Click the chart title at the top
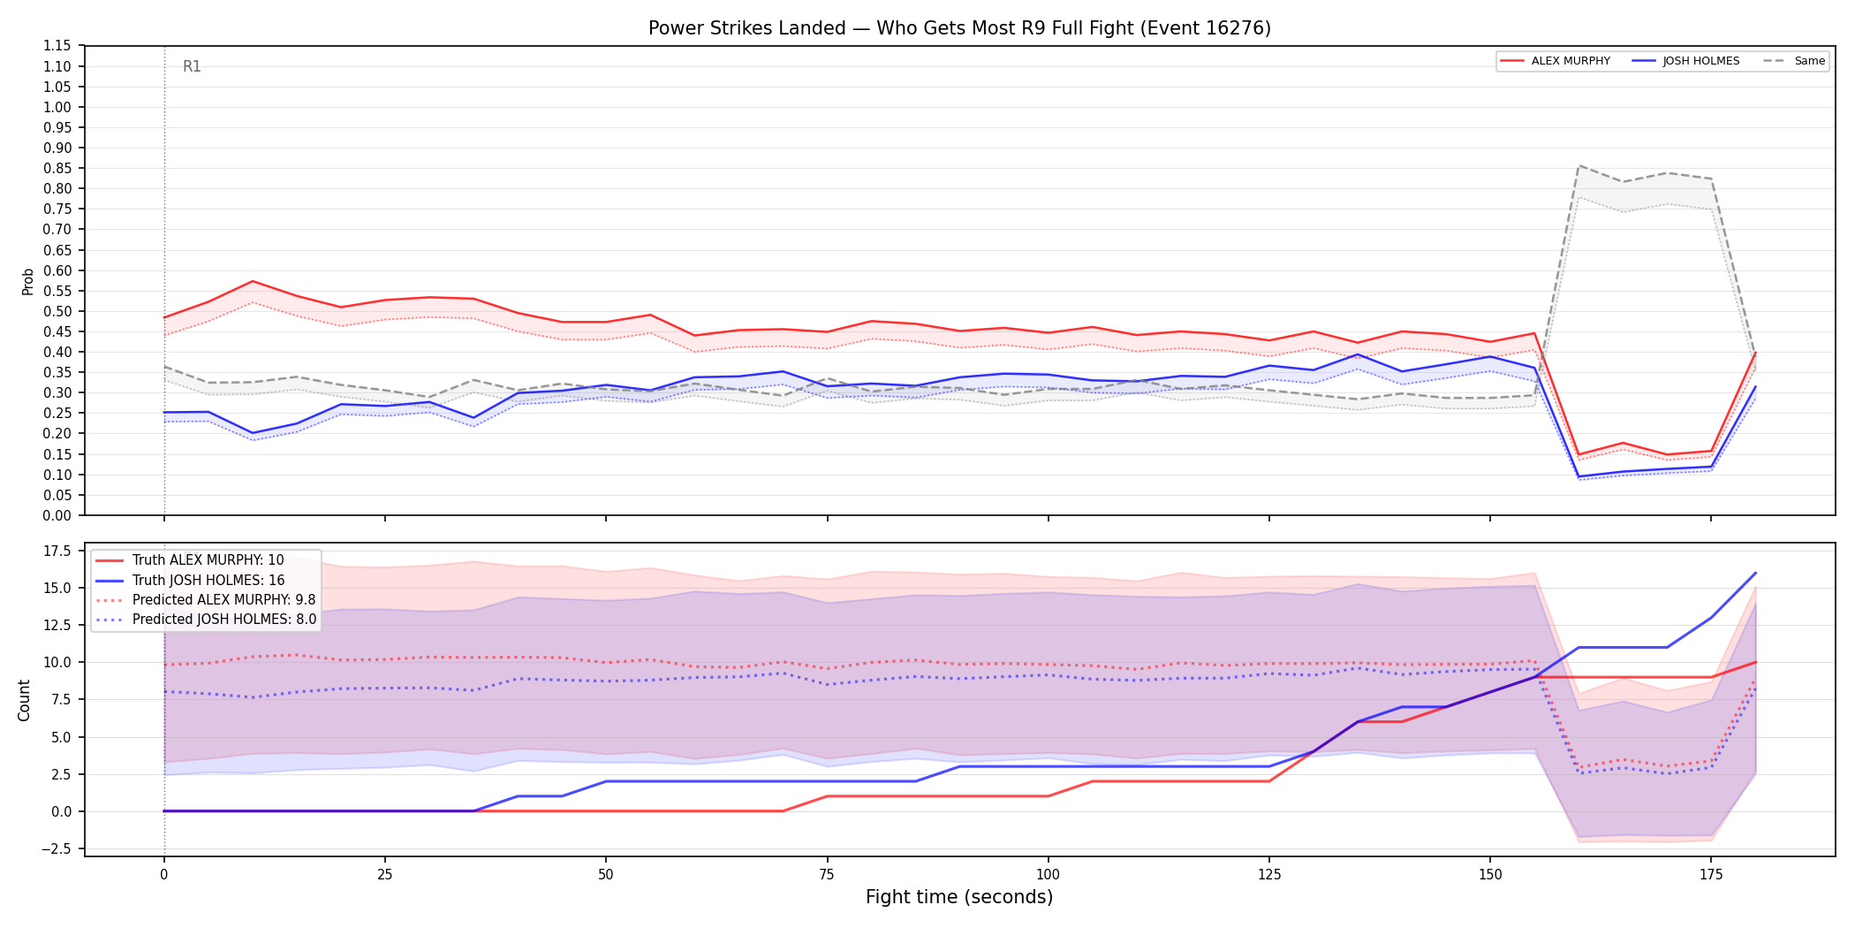959,28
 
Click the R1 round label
192,66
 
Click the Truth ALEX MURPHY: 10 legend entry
190,560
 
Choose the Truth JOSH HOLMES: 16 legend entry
190,580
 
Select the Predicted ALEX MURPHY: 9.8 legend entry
206,599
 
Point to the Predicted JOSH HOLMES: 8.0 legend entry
206,619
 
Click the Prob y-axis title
27,281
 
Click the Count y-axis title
24,700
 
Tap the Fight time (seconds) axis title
959,897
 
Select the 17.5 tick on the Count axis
58,551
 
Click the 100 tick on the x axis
1048,875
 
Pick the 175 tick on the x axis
1711,875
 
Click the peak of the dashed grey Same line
1579,165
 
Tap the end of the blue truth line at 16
1755,573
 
